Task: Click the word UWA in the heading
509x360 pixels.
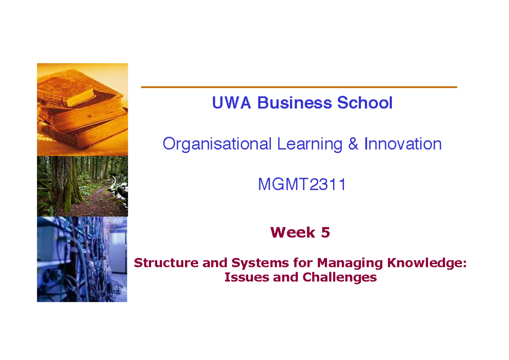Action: click(x=231, y=103)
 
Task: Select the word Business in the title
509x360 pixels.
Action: click(x=294, y=103)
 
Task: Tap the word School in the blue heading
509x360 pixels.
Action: click(x=365, y=103)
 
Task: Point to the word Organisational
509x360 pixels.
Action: click(x=217, y=144)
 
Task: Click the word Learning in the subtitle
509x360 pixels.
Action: click(x=310, y=144)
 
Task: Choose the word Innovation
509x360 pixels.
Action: click(x=403, y=144)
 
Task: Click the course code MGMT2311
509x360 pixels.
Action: click(x=302, y=184)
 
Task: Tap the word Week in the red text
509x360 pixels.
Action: click(x=293, y=232)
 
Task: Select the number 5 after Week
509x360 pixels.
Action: click(x=325, y=232)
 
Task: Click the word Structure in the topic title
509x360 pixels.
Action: click(x=166, y=263)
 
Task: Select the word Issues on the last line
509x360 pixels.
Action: click(x=247, y=277)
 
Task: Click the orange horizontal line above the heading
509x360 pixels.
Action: click(x=299, y=87)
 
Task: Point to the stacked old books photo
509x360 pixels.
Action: click(x=82, y=110)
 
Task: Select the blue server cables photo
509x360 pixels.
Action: click(x=82, y=259)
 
